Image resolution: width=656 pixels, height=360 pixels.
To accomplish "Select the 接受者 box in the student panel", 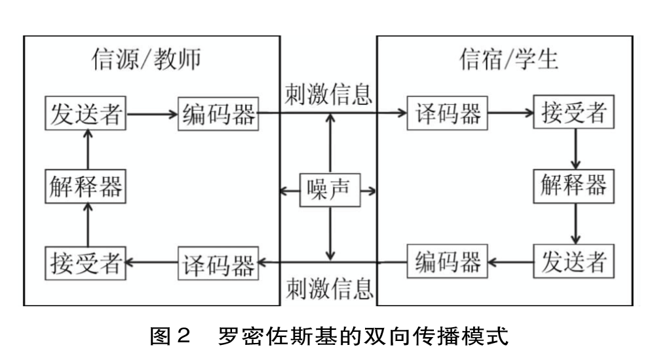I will point(575,114).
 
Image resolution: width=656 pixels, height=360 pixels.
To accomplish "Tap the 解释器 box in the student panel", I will point(575,188).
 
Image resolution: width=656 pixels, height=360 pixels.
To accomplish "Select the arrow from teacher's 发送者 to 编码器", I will point(152,114).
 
